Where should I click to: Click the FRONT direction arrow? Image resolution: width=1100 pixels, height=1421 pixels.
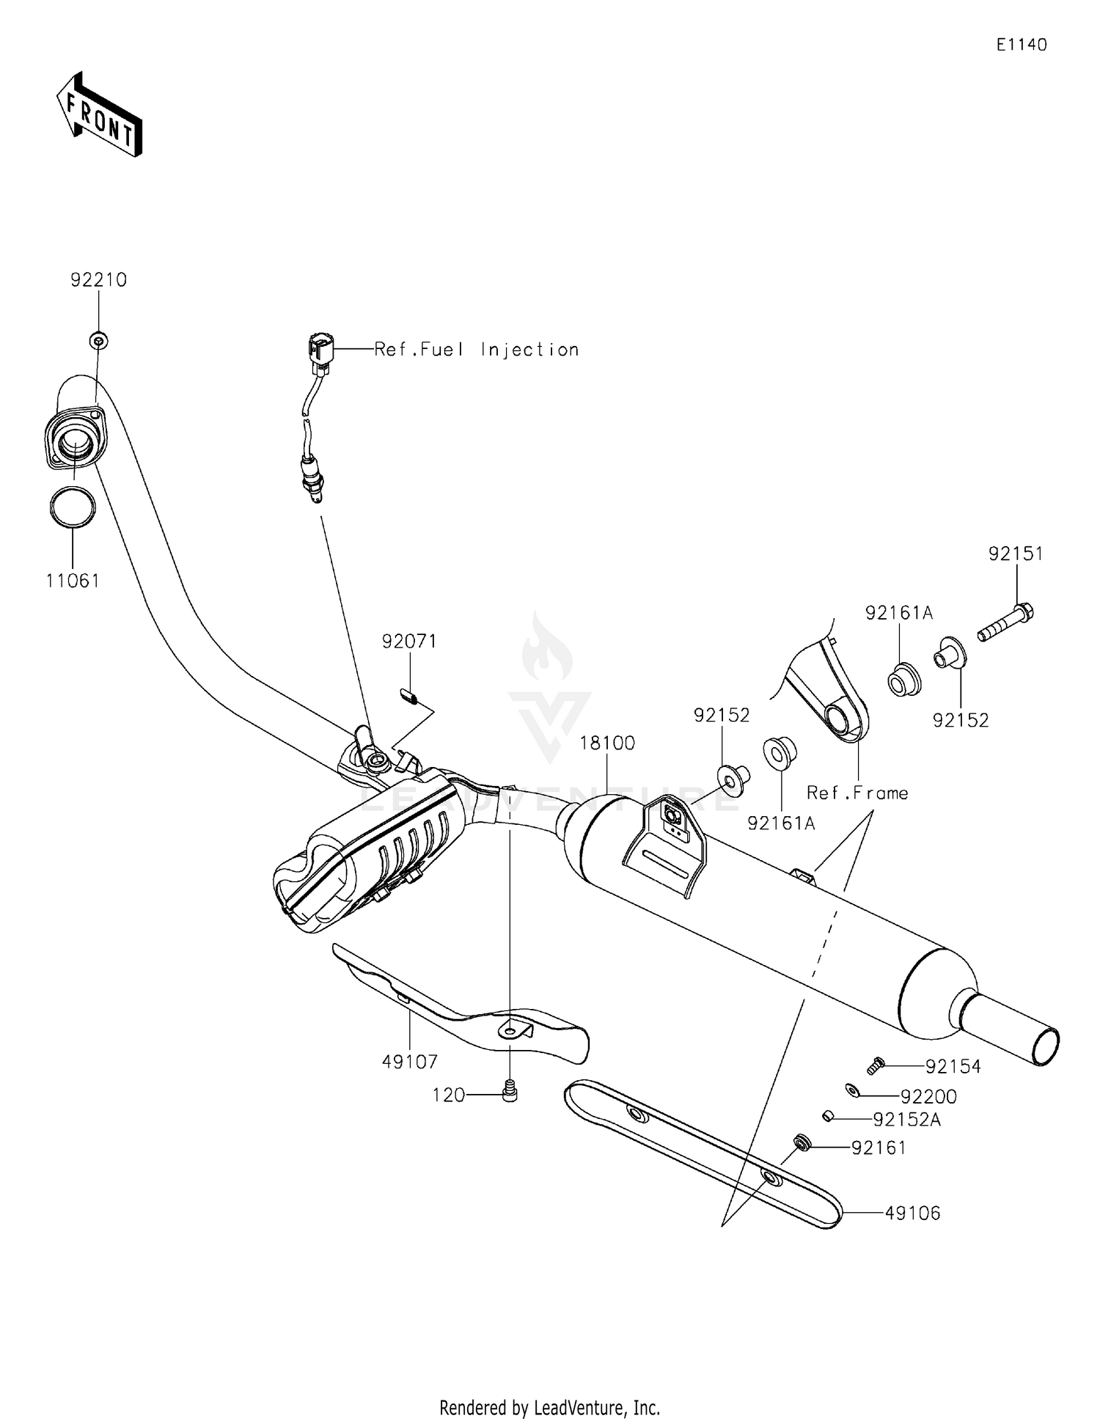[x=99, y=115]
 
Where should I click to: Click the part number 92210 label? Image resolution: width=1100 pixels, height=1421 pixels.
[x=98, y=280]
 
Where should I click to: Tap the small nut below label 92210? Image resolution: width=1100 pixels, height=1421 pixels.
[x=98, y=340]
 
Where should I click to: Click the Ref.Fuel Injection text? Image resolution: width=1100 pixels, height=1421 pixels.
[x=477, y=350]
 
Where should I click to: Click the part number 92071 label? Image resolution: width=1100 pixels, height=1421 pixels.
[x=409, y=642]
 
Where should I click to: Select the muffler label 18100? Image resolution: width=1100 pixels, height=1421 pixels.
[x=607, y=743]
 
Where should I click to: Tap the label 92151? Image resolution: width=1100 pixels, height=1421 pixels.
[x=1016, y=554]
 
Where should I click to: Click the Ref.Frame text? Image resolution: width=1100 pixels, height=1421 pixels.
[x=857, y=793]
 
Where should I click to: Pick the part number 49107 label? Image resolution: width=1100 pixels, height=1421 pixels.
[x=410, y=1062]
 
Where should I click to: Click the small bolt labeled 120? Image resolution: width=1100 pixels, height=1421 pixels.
[x=510, y=1094]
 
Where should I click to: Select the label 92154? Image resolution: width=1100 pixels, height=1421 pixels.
[x=953, y=1067]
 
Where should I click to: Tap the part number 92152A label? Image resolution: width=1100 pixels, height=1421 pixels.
[x=906, y=1120]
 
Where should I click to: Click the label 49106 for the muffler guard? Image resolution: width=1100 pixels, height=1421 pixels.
[x=912, y=1213]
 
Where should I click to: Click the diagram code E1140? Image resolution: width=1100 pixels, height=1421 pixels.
[x=1022, y=45]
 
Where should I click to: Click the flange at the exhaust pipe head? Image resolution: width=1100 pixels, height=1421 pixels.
[x=75, y=441]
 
